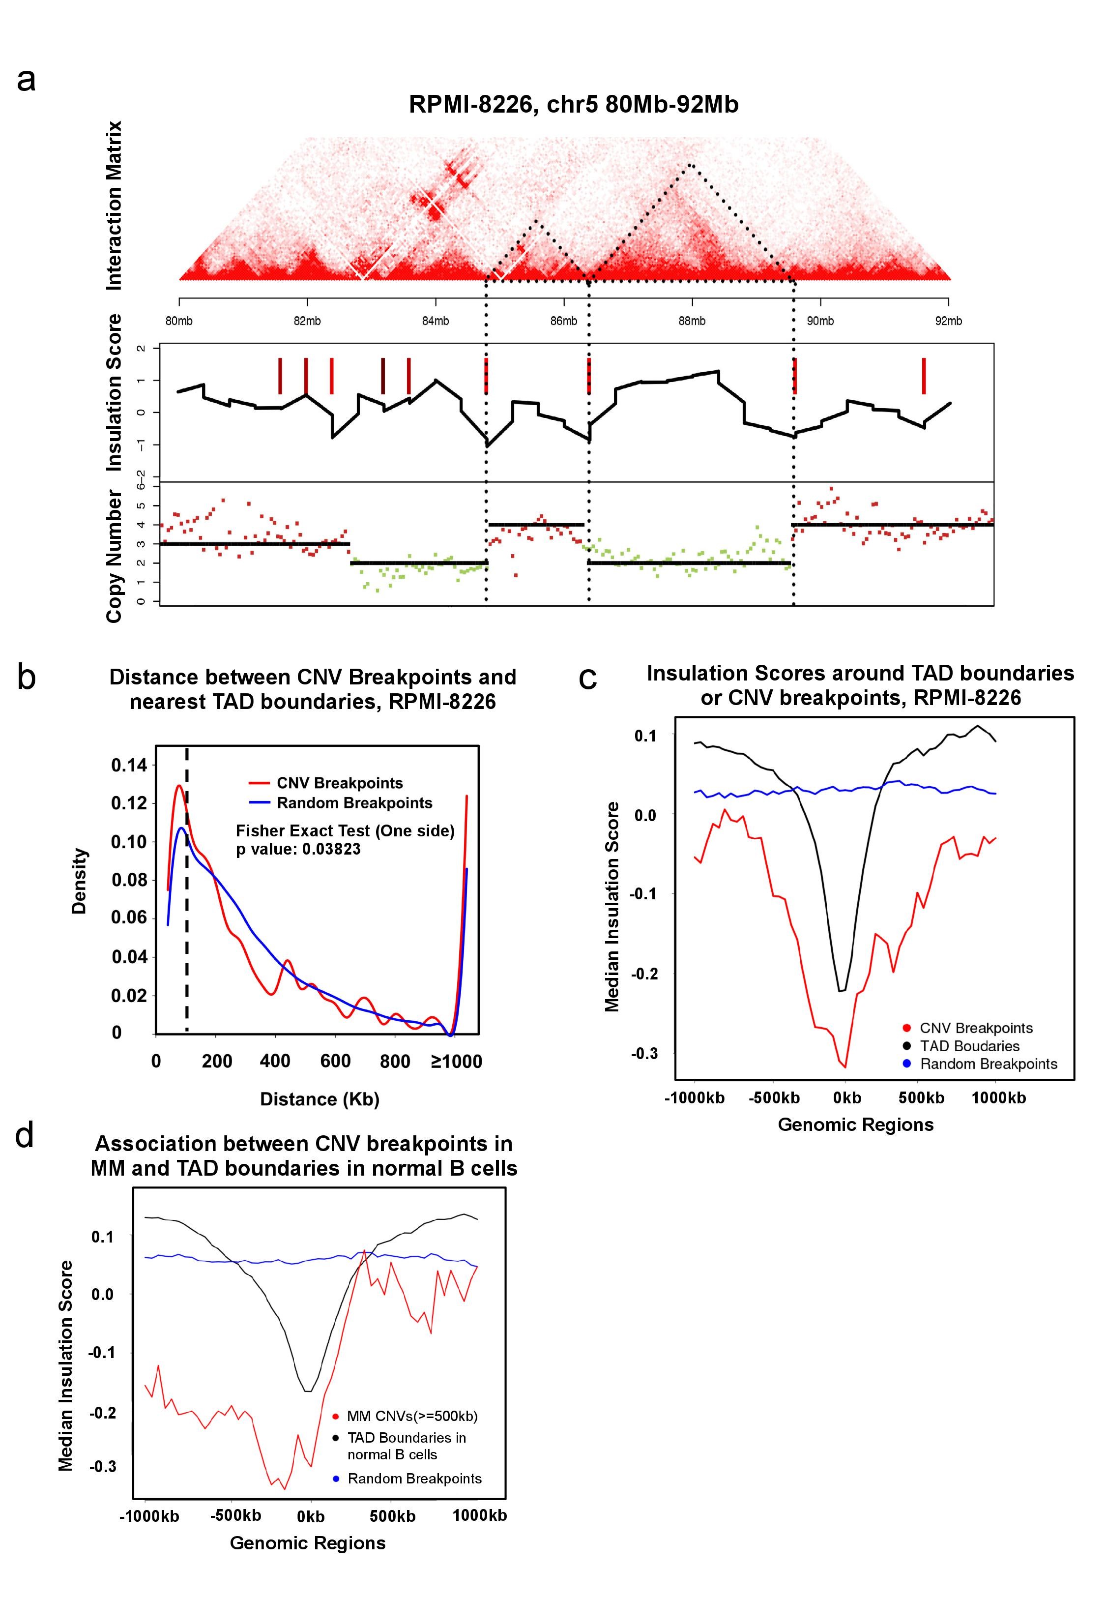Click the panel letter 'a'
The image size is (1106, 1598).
(x=27, y=80)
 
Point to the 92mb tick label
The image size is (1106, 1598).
(x=948, y=321)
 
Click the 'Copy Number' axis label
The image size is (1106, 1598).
(x=115, y=557)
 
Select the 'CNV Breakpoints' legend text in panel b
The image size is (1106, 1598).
(x=340, y=783)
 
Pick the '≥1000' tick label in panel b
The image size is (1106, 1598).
(x=456, y=1062)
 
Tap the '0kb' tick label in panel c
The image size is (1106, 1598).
(x=847, y=1097)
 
